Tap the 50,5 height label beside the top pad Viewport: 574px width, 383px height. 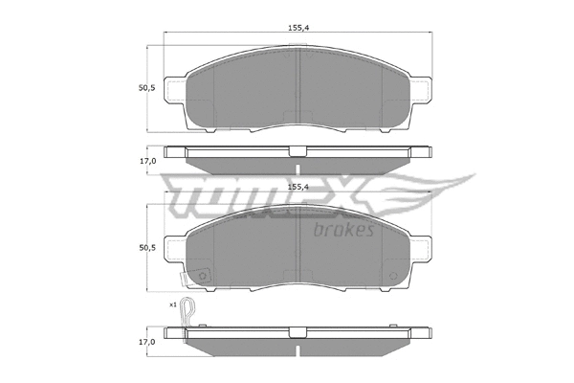coord(146,87)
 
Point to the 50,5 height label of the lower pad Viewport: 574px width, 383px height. coord(146,247)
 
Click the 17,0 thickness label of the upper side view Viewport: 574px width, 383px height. coord(146,161)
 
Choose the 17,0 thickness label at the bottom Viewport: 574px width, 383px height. coord(146,341)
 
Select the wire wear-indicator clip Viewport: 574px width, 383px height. coord(191,313)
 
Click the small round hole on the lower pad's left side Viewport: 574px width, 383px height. coord(204,279)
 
